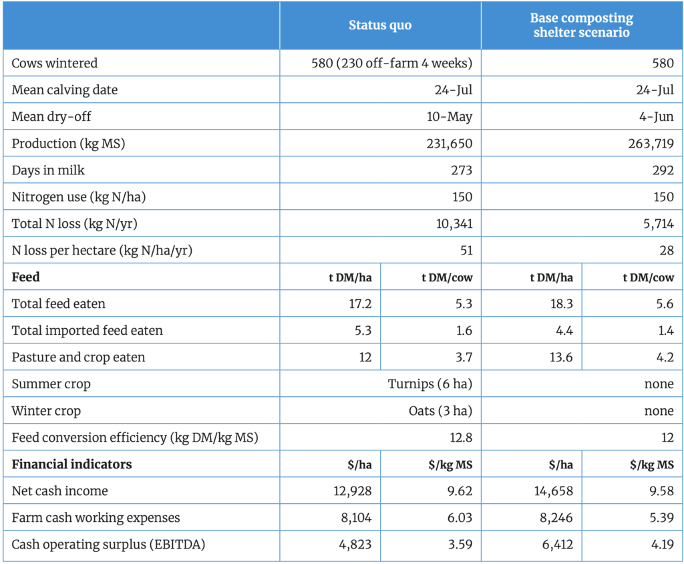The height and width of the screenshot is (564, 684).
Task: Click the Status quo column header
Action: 380,25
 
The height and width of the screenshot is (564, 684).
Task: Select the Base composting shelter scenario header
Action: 582,25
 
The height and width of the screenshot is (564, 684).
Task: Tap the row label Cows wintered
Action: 54,63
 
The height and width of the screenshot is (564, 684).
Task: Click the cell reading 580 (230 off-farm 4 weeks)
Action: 391,63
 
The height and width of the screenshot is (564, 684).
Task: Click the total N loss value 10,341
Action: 454,224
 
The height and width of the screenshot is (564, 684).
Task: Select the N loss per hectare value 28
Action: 665,251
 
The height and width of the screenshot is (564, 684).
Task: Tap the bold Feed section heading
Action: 26,277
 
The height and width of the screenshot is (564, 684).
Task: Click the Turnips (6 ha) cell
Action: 430,384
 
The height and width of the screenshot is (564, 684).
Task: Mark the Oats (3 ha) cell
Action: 440,411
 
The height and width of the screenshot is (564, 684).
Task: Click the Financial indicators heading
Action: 71,464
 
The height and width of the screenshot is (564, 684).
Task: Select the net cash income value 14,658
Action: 552,491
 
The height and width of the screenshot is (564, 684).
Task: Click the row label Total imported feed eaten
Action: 87,331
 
